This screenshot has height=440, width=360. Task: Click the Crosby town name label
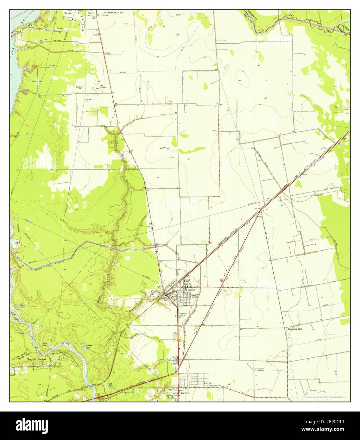(x=194, y=295)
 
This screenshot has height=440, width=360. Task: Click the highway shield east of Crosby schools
(x=222, y=280)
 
